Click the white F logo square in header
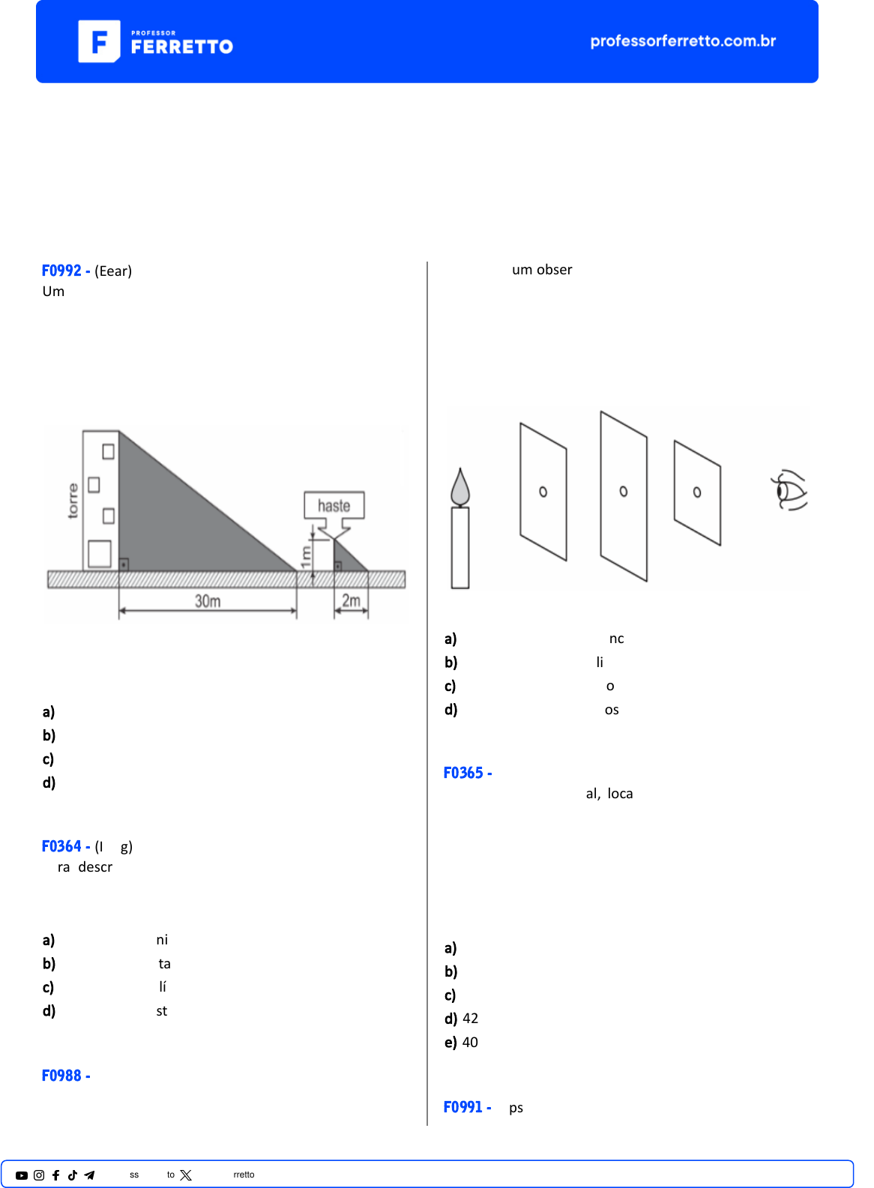[99, 41]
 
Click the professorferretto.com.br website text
[683, 40]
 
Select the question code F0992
[61, 271]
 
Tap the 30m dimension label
[208, 601]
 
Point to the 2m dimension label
[351, 600]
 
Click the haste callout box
[334, 505]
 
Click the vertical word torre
[73, 500]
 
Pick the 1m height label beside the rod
[306, 557]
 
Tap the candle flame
[459, 486]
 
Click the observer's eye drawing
[789, 490]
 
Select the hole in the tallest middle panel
[624, 492]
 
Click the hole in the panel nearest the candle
[543, 492]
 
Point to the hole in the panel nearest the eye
[697, 492]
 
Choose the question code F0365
[463, 773]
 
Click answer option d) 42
[461, 1019]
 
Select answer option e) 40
[461, 1042]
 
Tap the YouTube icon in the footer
[22, 1175]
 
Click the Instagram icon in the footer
[39, 1175]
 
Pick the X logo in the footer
[186, 1175]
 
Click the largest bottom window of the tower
[99, 554]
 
